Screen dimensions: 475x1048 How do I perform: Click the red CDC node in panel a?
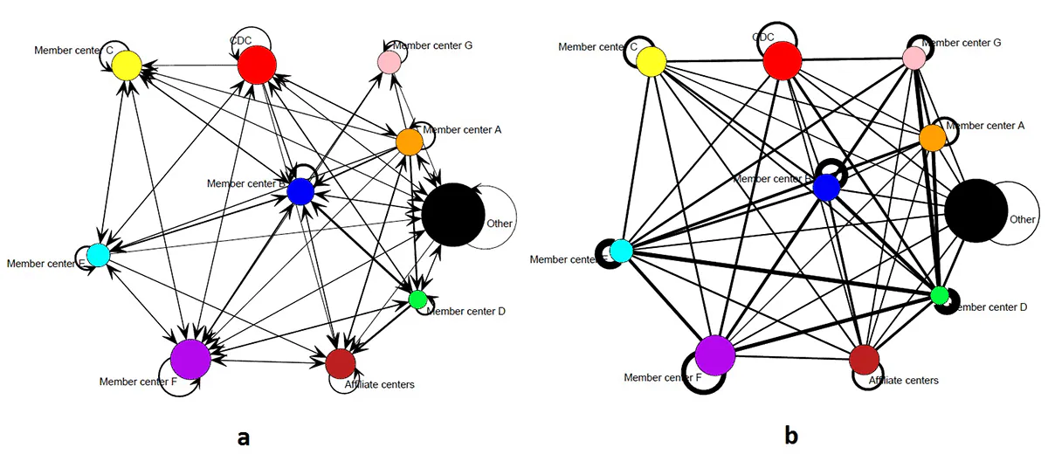[257, 65]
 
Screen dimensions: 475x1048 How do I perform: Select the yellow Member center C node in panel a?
[127, 65]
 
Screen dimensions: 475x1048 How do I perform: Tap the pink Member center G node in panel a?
[389, 62]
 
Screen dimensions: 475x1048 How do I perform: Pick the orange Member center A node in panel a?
[409, 141]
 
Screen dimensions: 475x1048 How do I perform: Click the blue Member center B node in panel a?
[300, 191]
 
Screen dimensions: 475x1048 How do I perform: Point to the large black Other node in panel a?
[452, 215]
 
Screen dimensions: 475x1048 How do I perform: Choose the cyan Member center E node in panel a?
[98, 255]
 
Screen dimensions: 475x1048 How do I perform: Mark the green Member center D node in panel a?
[417, 299]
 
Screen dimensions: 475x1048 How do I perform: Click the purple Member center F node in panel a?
[190, 358]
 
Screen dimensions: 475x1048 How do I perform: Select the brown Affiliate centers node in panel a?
[340, 362]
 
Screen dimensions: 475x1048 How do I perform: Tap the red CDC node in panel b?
[782, 61]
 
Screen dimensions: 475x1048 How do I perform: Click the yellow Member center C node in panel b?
[652, 62]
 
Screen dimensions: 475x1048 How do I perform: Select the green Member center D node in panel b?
[940, 295]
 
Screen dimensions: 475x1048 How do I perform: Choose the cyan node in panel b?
[621, 251]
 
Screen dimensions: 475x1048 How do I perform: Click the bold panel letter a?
[244, 437]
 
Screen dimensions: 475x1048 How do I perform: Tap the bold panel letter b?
[791, 434]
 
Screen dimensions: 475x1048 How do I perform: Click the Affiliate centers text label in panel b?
[903, 381]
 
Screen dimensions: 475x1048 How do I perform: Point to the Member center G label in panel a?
[432, 45]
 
